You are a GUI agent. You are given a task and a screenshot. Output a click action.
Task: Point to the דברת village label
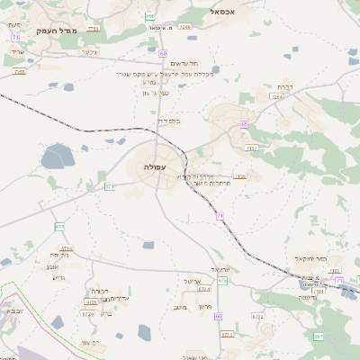(x=272, y=87)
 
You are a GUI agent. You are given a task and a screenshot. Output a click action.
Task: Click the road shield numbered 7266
(x=184, y=27)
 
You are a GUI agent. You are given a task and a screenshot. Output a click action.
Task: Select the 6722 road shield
(x=258, y=317)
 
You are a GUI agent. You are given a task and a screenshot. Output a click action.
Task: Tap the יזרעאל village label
(x=220, y=269)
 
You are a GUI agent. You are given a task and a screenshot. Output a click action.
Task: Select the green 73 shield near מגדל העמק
(x=15, y=37)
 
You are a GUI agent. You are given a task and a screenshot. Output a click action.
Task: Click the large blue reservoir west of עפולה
(x=57, y=156)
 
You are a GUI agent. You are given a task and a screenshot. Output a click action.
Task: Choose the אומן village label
(x=50, y=266)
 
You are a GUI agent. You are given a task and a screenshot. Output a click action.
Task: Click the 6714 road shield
(x=66, y=248)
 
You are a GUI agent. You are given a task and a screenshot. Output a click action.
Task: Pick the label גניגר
(x=88, y=51)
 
